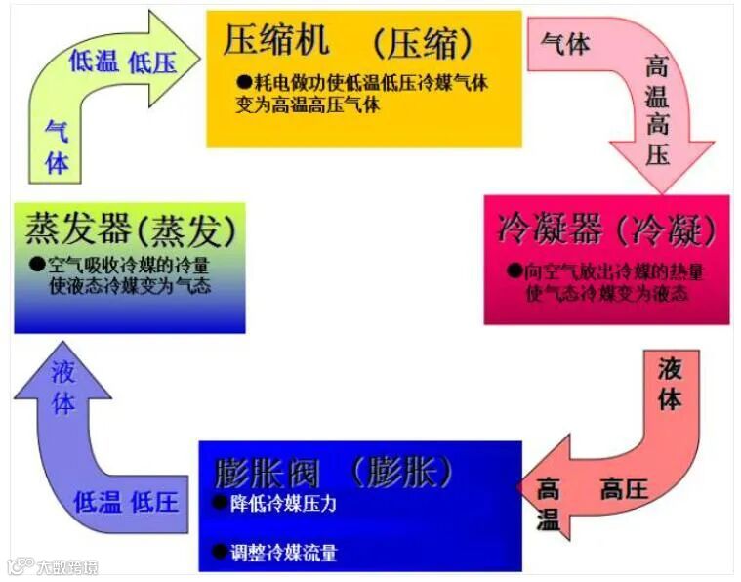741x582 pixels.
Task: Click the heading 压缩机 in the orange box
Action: click(x=276, y=40)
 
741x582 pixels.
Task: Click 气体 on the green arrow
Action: click(x=57, y=146)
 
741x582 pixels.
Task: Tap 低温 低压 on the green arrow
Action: click(x=122, y=62)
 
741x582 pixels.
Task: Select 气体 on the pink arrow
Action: click(x=565, y=44)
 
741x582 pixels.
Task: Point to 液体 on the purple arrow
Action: click(x=63, y=388)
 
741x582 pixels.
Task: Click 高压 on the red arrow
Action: click(x=624, y=488)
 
